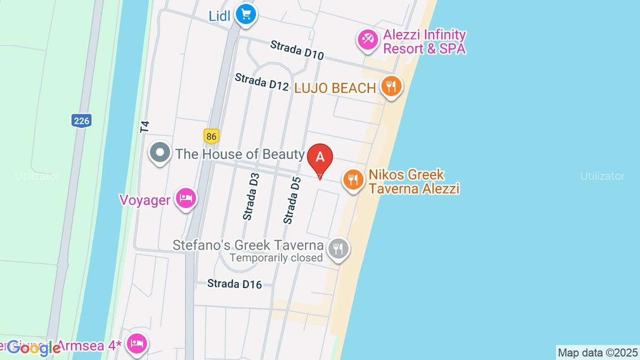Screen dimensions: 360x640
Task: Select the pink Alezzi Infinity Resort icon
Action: (x=367, y=41)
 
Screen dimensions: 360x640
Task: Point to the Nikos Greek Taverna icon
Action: (x=353, y=179)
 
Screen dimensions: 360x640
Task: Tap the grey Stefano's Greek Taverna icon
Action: (x=338, y=248)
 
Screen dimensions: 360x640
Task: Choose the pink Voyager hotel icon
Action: (x=186, y=198)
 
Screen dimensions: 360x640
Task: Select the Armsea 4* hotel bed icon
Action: (x=138, y=343)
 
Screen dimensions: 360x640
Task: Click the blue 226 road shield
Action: (x=81, y=121)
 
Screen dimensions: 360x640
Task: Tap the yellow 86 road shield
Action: (x=212, y=137)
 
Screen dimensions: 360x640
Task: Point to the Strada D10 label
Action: (x=297, y=50)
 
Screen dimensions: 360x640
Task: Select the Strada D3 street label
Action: (x=251, y=196)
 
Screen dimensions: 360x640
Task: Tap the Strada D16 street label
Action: (x=235, y=284)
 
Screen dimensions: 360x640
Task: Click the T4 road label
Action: (x=145, y=127)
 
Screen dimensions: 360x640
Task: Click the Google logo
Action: (x=33, y=348)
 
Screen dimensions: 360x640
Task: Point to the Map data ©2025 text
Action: (x=597, y=353)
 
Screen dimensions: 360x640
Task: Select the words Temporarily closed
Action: (x=276, y=258)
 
